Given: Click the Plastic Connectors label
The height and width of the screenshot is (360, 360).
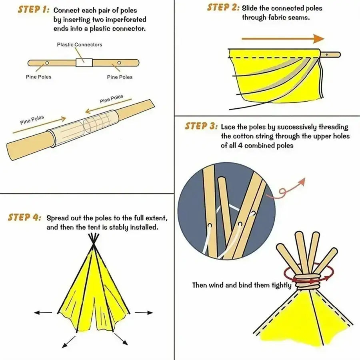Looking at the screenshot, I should tap(79, 44).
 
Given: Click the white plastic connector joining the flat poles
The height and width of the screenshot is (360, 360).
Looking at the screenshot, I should tap(84, 63).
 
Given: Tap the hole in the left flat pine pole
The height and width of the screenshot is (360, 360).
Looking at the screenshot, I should tap(47, 63).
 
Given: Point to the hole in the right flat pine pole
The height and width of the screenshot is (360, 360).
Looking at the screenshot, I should tap(119, 63).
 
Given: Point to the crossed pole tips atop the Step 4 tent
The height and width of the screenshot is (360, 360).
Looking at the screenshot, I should tap(94, 239).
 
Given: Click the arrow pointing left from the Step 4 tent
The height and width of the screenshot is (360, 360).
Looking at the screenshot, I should tap(43, 312).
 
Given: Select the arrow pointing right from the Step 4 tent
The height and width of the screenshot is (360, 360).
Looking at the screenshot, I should tap(144, 312).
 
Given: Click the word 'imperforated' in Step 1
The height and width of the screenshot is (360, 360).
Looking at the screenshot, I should tap(124, 19).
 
